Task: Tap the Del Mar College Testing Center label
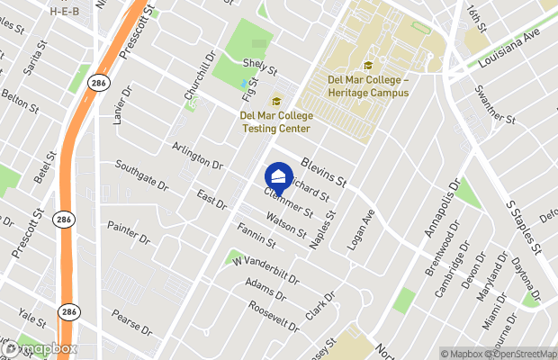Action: point(276,121)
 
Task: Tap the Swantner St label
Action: point(497,106)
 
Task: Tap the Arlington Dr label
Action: point(197,154)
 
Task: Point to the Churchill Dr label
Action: point(201,80)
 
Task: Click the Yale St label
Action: point(31,320)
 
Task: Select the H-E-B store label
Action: point(66,12)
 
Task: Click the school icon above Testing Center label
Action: point(276,100)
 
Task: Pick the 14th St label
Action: point(476,18)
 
